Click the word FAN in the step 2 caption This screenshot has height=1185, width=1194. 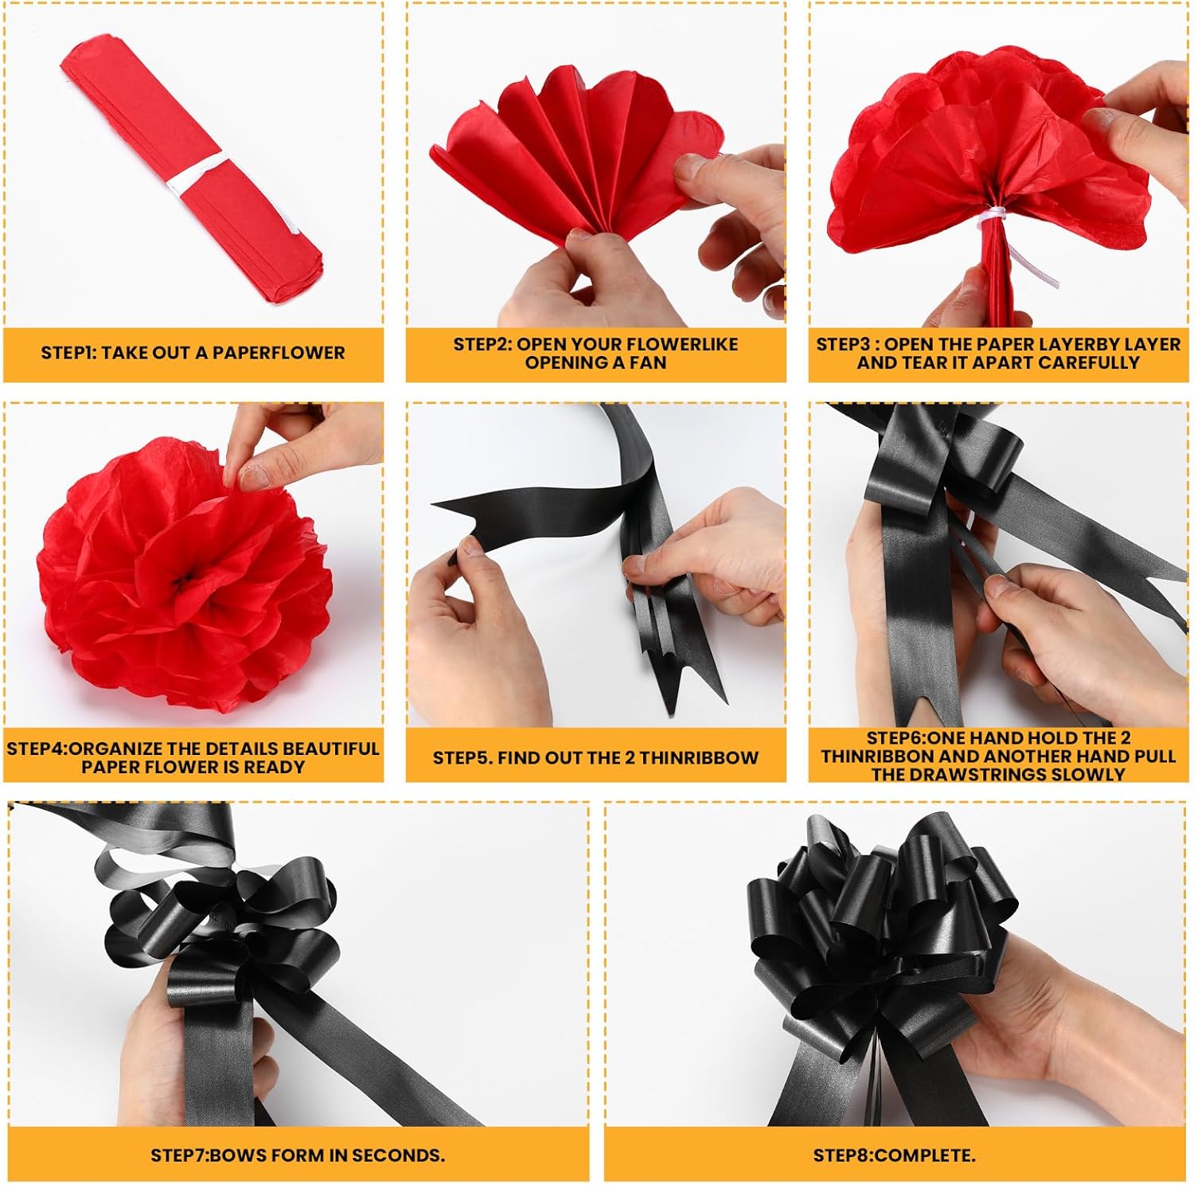[x=650, y=362]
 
